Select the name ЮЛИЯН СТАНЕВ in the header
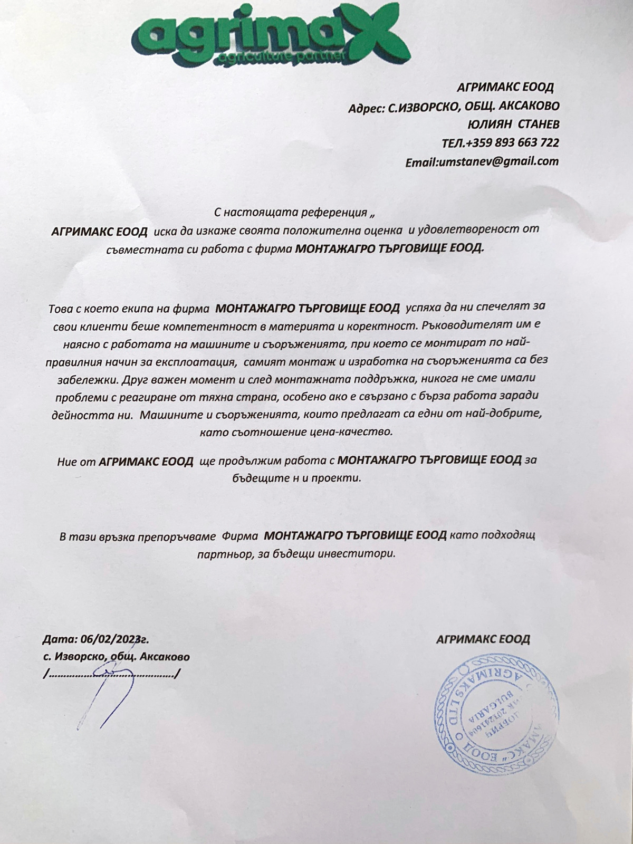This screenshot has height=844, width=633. click(x=513, y=124)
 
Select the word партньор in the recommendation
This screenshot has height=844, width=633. click(x=220, y=555)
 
